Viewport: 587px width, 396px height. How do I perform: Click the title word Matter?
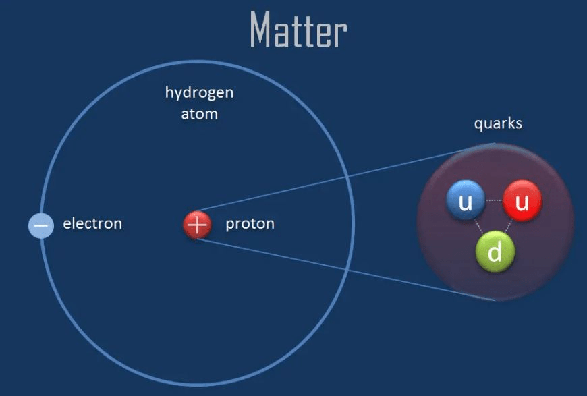[x=298, y=29]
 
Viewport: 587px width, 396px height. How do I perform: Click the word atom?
[x=199, y=114]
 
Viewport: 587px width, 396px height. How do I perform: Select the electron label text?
[x=92, y=223]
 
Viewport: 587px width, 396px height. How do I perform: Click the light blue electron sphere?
[x=41, y=225]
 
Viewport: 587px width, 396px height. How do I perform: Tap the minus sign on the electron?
[x=41, y=226]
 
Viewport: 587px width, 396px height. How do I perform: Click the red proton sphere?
[x=197, y=225]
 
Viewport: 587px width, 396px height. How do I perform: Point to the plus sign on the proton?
[x=197, y=225]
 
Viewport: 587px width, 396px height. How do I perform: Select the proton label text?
[x=250, y=224]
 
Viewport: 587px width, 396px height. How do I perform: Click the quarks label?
[x=498, y=123]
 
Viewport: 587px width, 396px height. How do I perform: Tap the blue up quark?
[x=466, y=200]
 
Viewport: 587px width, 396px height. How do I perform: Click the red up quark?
[x=522, y=200]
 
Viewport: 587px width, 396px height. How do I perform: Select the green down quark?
[x=495, y=251]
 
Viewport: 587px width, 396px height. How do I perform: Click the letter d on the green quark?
[x=495, y=251]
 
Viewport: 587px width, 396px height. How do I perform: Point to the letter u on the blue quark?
[x=466, y=203]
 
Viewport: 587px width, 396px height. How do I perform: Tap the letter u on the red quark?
[x=522, y=203]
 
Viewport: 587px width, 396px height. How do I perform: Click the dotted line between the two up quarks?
[x=494, y=200]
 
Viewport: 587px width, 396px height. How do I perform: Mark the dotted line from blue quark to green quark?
[x=478, y=227]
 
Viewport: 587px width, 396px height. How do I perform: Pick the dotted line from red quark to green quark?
[x=509, y=227]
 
